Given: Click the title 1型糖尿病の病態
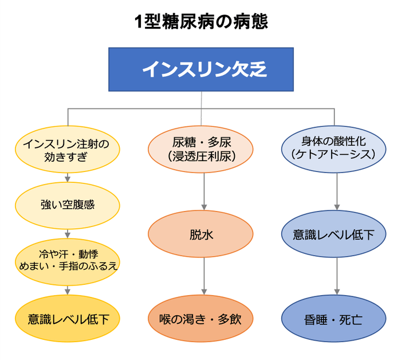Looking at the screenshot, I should [x=200, y=22].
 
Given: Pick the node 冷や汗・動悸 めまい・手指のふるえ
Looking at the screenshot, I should [x=67, y=260].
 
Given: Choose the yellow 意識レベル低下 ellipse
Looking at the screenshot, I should [x=67, y=317].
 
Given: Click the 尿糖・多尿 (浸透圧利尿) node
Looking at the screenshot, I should [x=201, y=148].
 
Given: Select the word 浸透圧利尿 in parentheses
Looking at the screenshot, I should [x=201, y=155].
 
